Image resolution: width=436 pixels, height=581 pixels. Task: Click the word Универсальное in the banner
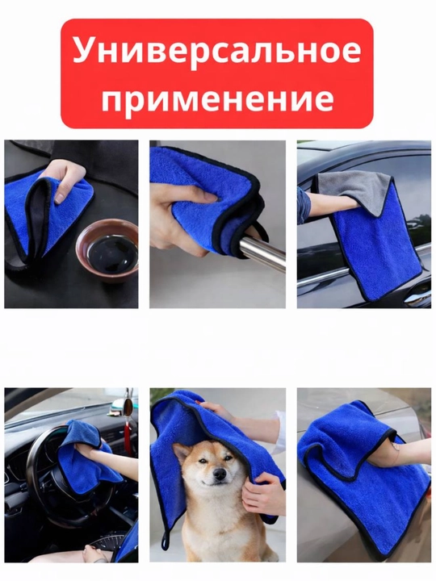(x=217, y=50)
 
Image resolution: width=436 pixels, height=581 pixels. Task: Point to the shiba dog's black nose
(x=220, y=473)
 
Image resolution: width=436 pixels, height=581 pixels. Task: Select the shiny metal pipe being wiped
(x=259, y=250)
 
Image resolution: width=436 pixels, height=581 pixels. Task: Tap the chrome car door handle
(x=417, y=297)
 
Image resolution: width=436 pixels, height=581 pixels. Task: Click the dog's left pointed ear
(x=179, y=453)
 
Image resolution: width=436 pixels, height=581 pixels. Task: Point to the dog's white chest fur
(x=212, y=526)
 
